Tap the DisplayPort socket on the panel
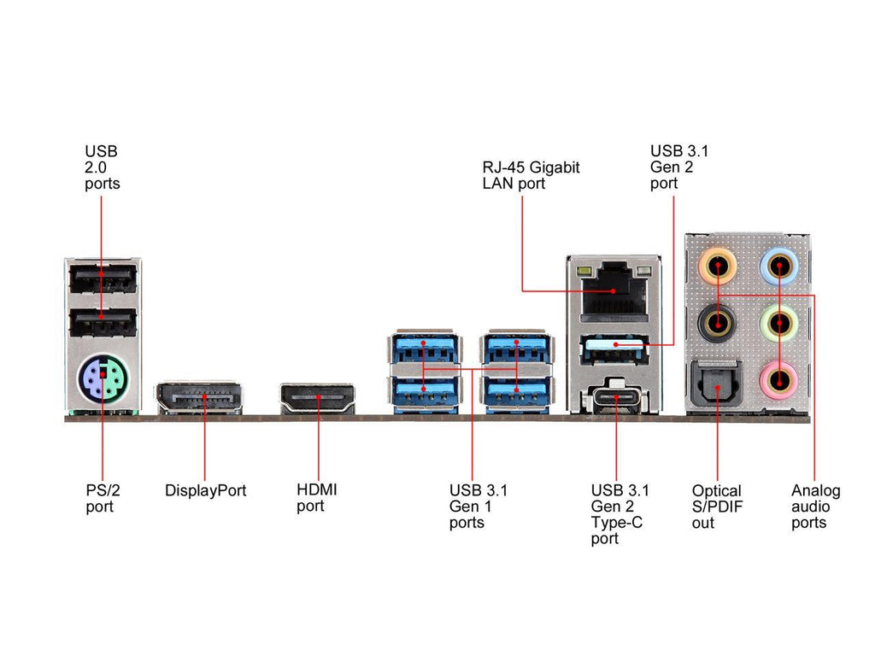(x=198, y=398)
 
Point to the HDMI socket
(x=318, y=399)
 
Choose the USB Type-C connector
(x=613, y=398)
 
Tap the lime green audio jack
(x=778, y=322)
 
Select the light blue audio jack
(x=778, y=265)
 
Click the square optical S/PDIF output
(x=717, y=382)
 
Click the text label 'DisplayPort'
(x=205, y=491)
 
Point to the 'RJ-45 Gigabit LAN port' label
(x=531, y=175)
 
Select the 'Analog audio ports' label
(x=815, y=507)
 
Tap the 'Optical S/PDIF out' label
(x=717, y=507)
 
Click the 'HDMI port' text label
(x=316, y=498)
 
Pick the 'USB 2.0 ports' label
(x=102, y=167)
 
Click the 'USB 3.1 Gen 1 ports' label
(x=478, y=507)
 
